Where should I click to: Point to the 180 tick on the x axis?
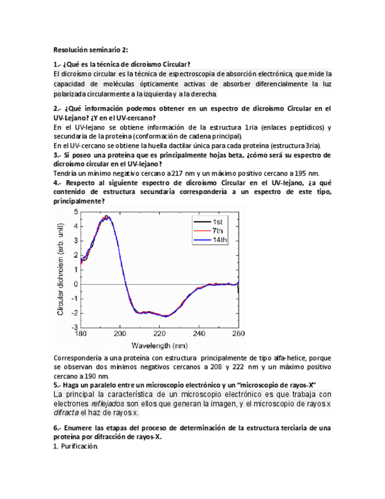(80, 333)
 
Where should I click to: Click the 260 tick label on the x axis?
(238, 333)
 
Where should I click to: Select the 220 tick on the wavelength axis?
(159, 333)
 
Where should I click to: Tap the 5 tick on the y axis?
(76, 211)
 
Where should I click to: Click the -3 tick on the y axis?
(75, 327)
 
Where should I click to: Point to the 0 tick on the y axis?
(76, 284)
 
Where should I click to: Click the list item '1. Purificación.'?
(75, 446)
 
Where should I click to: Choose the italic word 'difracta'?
(68, 413)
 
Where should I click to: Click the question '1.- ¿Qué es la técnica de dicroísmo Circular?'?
(122, 64)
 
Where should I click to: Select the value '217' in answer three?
(174, 173)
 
